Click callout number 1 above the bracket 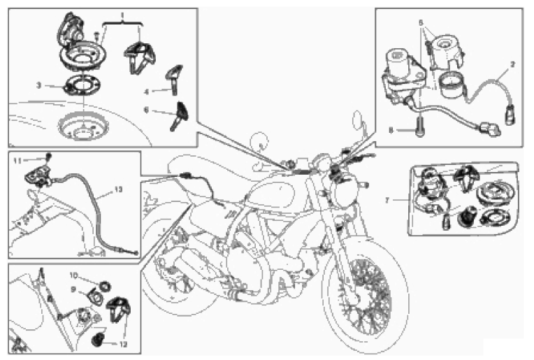coord(122,15)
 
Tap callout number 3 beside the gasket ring coord(39,85)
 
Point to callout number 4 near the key coord(147,92)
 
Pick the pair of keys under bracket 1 coord(140,57)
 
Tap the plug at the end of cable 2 coord(510,115)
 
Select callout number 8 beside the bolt coord(391,130)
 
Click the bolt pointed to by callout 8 coord(419,127)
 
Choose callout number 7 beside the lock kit coord(387,200)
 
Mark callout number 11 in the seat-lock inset coord(17,160)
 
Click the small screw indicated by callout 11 coord(49,157)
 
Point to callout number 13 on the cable coord(118,189)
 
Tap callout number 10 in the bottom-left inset coord(73,275)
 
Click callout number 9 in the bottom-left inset coord(73,289)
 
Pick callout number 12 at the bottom coord(123,345)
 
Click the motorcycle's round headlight coord(347,190)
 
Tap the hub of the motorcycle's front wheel coord(354,297)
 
